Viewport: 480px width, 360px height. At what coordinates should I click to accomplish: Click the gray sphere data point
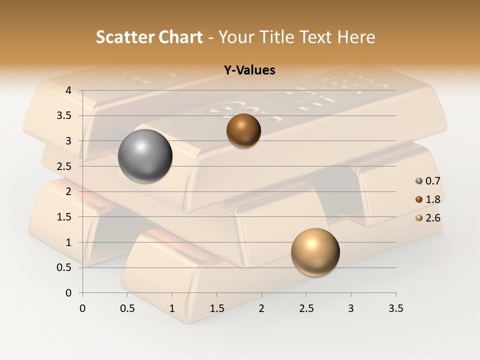coord(145,156)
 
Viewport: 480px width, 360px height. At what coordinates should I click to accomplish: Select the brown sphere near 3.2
coord(243,130)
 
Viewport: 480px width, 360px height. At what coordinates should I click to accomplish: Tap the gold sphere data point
coord(315,252)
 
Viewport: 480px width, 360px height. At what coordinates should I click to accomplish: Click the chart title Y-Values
coord(249,70)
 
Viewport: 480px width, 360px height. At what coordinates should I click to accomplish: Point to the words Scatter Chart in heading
coord(149,37)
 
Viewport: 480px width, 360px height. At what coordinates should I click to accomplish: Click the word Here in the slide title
coord(355,37)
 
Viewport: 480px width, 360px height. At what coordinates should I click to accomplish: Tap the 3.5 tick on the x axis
coord(395,308)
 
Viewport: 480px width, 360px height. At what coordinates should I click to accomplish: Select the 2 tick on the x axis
coord(261,308)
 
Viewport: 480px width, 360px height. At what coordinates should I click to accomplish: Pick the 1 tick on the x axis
coord(172,308)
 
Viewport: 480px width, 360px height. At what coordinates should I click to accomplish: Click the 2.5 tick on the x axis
coord(306,308)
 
